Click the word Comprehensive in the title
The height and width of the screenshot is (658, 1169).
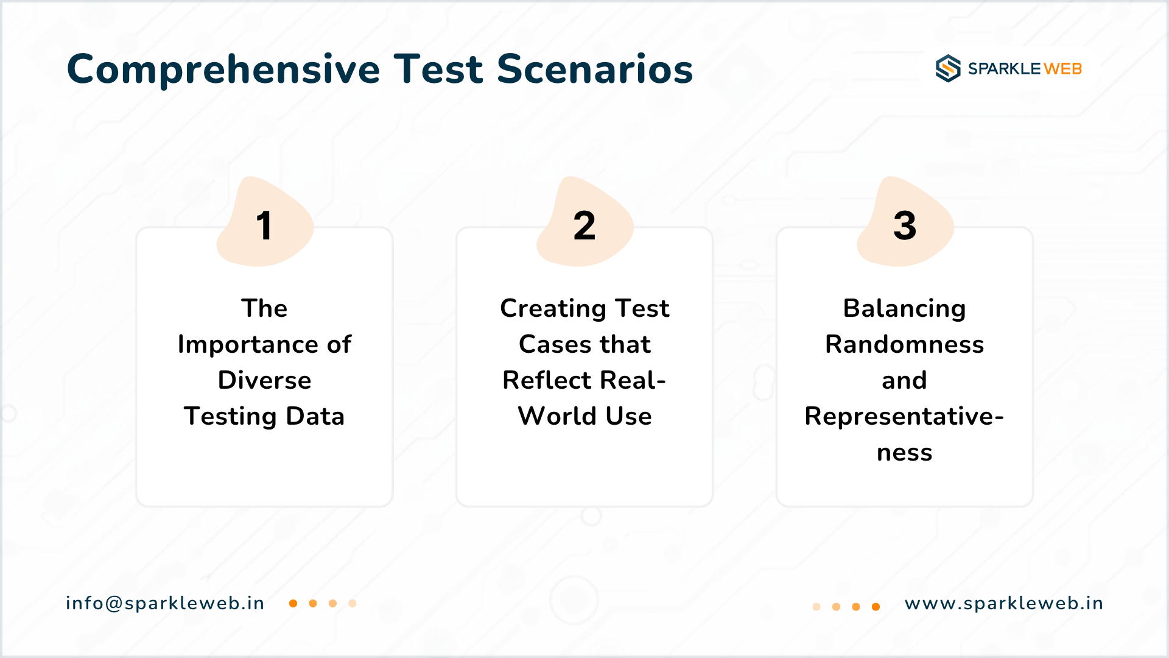point(223,69)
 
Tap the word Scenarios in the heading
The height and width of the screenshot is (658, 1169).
point(595,68)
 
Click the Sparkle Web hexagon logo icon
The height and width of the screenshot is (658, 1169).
point(948,68)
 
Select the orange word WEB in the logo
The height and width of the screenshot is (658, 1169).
point(1062,69)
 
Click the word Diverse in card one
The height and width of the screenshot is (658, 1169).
point(264,380)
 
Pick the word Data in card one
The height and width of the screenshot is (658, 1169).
point(315,416)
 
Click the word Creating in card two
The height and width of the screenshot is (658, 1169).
point(553,309)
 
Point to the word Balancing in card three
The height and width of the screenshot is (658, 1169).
point(904,309)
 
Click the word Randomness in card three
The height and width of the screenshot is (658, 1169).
point(904,344)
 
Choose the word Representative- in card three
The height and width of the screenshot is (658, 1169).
point(904,417)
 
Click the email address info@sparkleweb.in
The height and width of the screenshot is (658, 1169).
point(165,603)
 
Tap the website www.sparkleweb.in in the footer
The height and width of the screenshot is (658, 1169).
point(1004,604)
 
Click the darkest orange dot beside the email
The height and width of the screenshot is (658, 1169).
point(293,603)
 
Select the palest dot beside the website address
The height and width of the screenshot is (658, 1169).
point(816,607)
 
